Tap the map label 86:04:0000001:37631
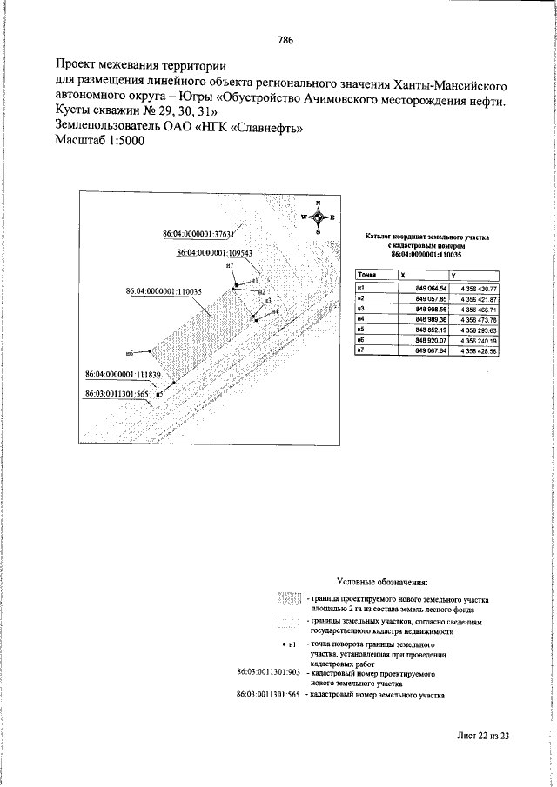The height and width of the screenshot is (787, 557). click(x=199, y=234)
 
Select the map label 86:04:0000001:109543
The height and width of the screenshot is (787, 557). click(x=213, y=252)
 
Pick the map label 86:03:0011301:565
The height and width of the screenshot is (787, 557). click(x=119, y=393)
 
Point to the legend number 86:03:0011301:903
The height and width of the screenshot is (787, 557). click(x=268, y=673)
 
